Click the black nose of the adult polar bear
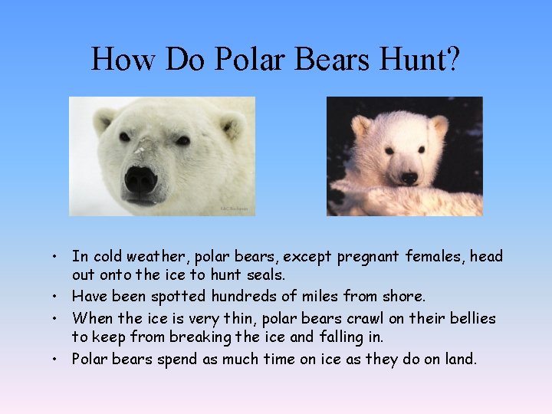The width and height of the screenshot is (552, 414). coord(140,181)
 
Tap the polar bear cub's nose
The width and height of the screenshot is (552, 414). coord(409,178)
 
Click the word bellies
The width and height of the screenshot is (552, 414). coord(469,317)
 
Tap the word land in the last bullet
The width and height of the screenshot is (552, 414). coord(457,358)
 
